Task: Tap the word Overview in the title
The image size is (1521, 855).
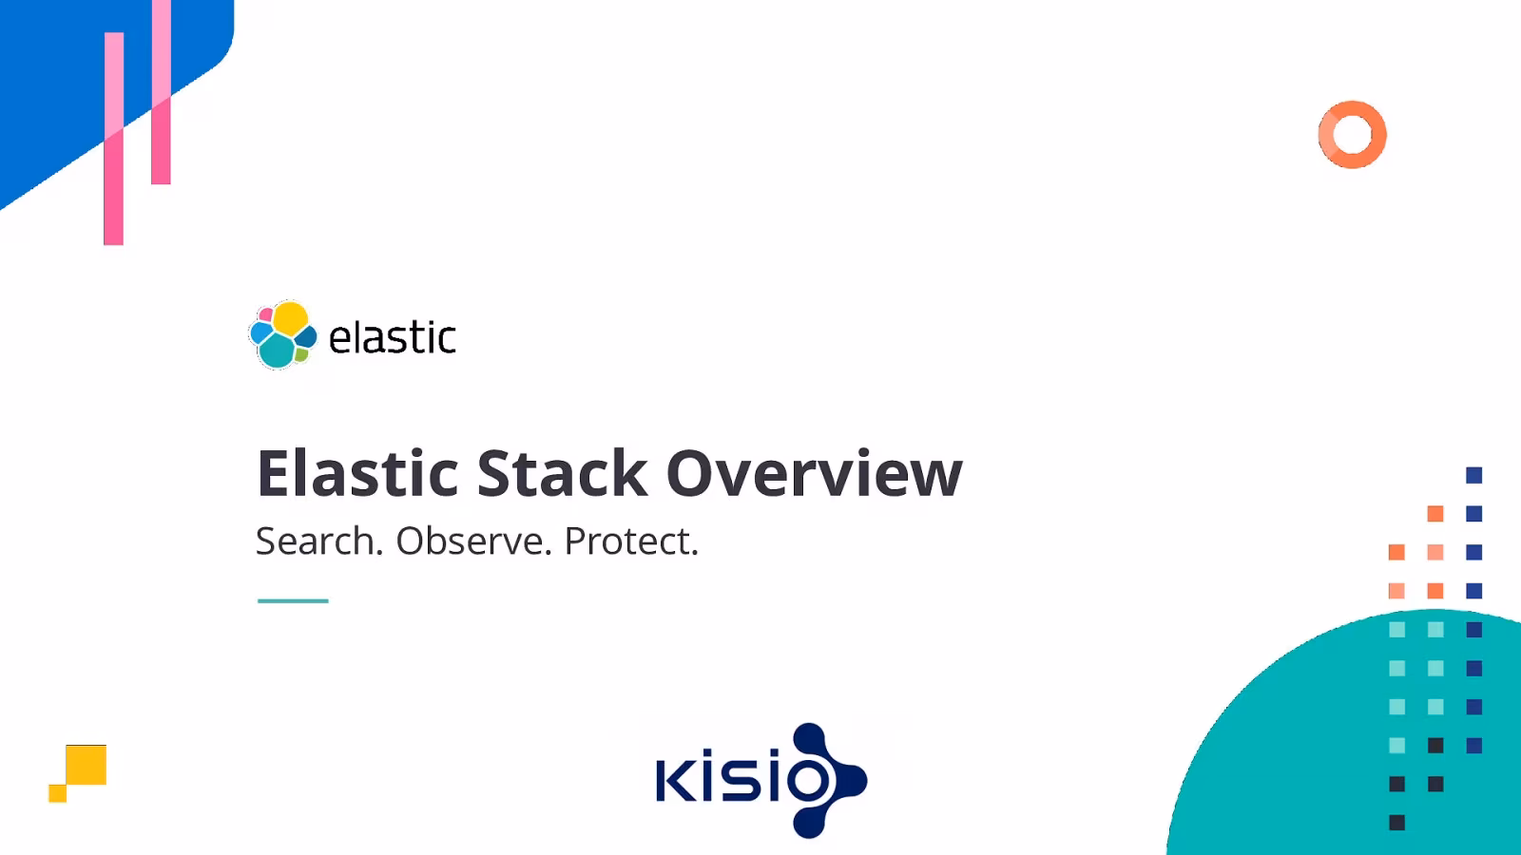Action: tap(814, 473)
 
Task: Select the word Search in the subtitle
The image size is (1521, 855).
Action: tap(318, 541)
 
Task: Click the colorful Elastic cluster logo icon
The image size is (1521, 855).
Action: tap(282, 334)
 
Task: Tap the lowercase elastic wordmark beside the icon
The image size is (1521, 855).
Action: tap(392, 338)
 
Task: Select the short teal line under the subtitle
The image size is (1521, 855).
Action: tap(293, 600)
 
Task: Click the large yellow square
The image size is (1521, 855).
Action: tap(87, 764)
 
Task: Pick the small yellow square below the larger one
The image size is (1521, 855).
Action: tap(57, 793)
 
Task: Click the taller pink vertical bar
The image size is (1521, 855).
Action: tap(113, 142)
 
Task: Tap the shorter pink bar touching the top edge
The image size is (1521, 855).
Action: tap(161, 95)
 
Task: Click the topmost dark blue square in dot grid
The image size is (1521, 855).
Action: tap(1473, 475)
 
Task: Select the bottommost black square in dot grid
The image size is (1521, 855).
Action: tap(1396, 823)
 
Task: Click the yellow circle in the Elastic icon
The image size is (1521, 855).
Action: tap(290, 317)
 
